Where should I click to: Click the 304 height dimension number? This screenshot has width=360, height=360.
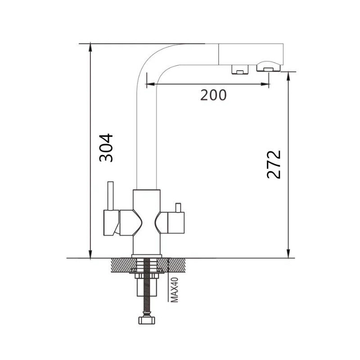point(106,148)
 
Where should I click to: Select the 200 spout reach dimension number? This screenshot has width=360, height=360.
point(213,95)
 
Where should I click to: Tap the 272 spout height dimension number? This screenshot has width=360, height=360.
point(274,164)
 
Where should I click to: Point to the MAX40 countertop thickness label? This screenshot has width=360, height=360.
point(175,290)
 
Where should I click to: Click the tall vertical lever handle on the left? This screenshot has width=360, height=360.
point(111,196)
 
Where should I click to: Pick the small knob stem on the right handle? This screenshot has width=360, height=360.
point(178,208)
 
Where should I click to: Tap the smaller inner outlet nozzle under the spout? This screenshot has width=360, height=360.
point(240,69)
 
